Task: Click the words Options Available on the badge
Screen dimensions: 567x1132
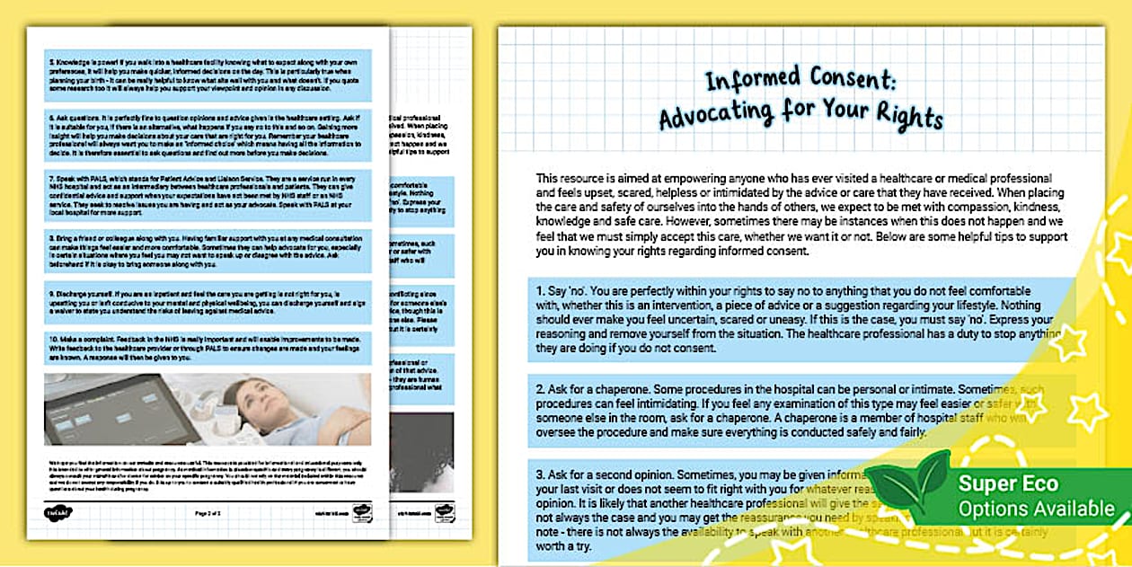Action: (1036, 509)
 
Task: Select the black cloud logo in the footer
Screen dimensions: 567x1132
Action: (56, 513)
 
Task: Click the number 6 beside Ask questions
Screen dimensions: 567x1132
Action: (50, 118)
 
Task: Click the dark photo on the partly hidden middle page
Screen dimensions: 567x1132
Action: (421, 439)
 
